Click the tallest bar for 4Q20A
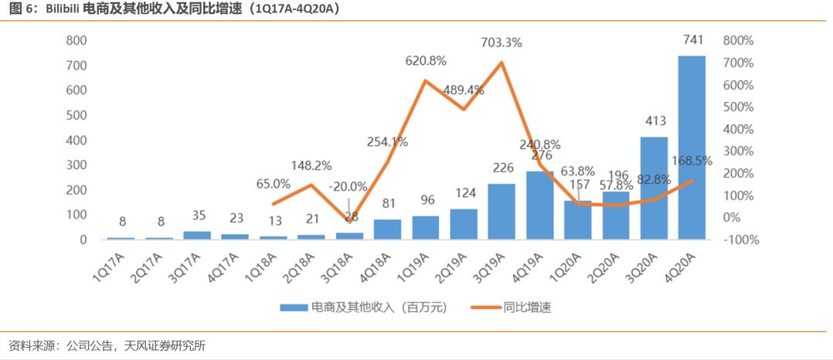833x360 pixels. coord(692,147)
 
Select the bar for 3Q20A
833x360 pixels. coord(654,188)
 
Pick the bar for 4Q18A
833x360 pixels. coord(387,229)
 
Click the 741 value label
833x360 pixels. coord(693,39)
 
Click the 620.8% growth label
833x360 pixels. coord(425,60)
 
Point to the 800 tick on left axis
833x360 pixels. coord(76,41)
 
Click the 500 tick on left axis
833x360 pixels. coord(76,116)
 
